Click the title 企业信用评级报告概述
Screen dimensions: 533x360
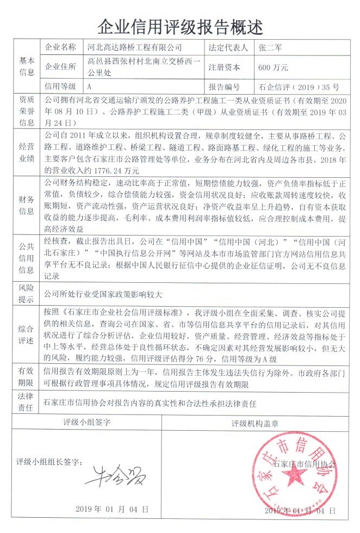click(179, 24)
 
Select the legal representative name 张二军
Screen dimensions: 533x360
click(271, 48)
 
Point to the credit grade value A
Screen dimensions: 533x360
click(89, 86)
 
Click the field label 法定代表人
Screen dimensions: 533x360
click(229, 48)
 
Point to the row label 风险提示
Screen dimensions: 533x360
click(27, 294)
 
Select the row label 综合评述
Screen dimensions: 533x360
click(27, 334)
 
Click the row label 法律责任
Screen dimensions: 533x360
click(27, 404)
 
